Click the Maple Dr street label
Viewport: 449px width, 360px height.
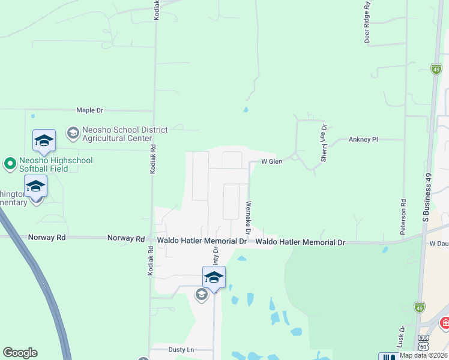tap(90, 110)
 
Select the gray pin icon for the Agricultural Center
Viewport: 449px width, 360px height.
tap(73, 131)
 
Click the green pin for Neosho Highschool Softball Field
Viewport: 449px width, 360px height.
tap(10, 163)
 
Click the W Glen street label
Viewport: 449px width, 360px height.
tap(271, 161)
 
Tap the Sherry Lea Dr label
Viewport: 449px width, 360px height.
tap(324, 143)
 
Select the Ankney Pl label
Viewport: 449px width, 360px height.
tap(363, 139)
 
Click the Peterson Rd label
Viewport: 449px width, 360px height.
tap(403, 216)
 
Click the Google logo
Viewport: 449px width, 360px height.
tap(20, 353)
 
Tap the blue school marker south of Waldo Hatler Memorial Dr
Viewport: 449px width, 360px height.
tap(214, 278)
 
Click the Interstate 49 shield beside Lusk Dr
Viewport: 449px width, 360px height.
tap(419, 307)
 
